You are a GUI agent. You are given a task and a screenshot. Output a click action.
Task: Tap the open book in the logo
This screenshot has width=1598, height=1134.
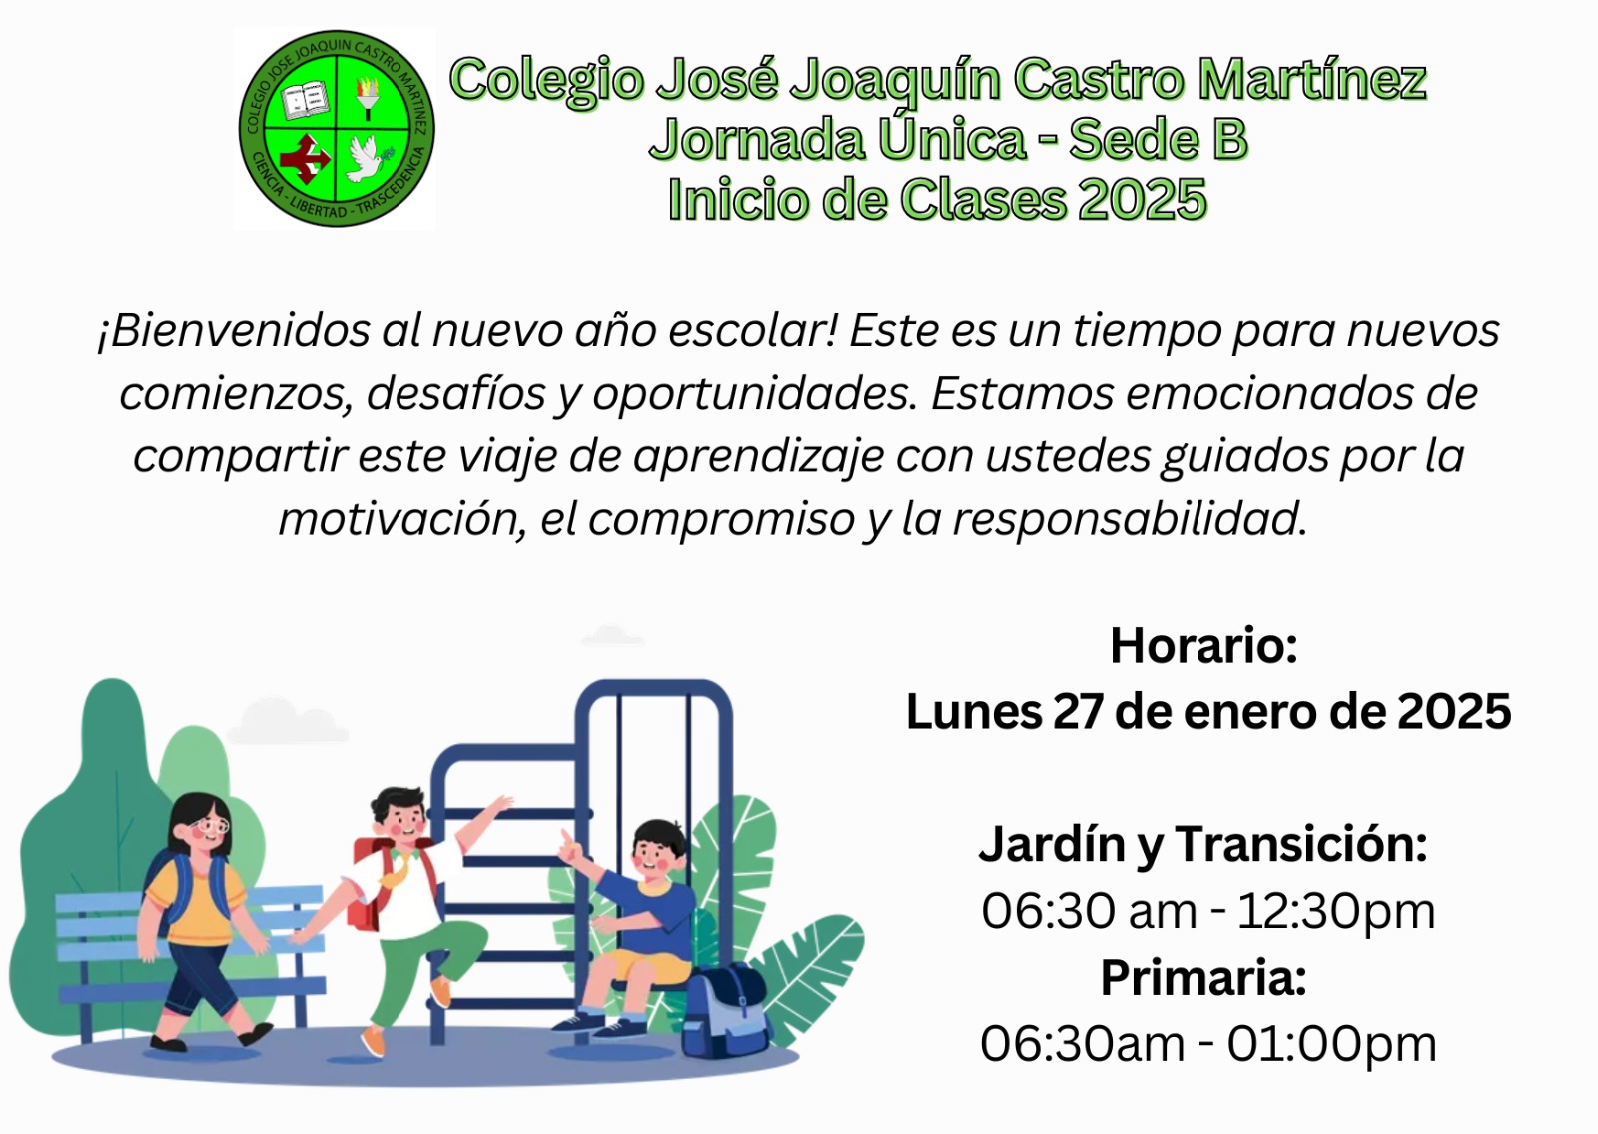(304, 100)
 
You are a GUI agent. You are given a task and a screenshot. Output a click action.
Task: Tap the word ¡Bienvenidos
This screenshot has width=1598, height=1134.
(234, 330)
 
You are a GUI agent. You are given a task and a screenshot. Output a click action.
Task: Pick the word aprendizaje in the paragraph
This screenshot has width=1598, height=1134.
(758, 456)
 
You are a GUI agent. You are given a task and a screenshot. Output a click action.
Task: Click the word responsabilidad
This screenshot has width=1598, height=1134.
(1129, 518)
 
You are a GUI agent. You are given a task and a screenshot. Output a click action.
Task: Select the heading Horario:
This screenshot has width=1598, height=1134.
(1203, 645)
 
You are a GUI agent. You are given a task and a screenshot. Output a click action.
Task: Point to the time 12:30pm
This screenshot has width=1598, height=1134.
(1336, 911)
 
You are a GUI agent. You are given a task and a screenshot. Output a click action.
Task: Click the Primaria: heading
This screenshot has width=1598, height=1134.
(1203, 977)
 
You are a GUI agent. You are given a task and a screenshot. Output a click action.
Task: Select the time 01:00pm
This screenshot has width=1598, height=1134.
(1332, 1044)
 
